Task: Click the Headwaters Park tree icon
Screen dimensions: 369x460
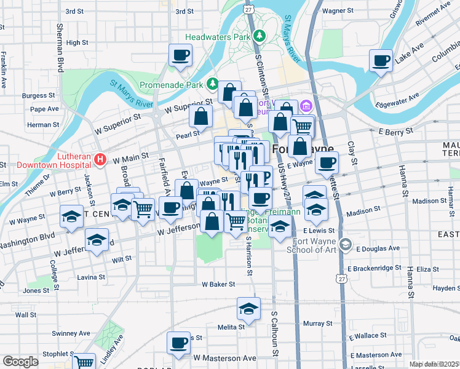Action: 260,36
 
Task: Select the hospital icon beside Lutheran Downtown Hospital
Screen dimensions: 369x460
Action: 101,161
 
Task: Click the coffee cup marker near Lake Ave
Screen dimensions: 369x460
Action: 381,60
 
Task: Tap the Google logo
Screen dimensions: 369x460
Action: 20,362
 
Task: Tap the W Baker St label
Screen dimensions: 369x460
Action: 218,284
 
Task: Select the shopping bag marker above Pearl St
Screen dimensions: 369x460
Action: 200,115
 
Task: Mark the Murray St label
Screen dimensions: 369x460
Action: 317,323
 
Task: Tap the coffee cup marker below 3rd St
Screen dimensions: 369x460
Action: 181,55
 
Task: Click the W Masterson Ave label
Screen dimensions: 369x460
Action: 224,357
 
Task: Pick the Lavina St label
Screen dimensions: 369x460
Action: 91,277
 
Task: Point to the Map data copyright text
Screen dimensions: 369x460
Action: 434,364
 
